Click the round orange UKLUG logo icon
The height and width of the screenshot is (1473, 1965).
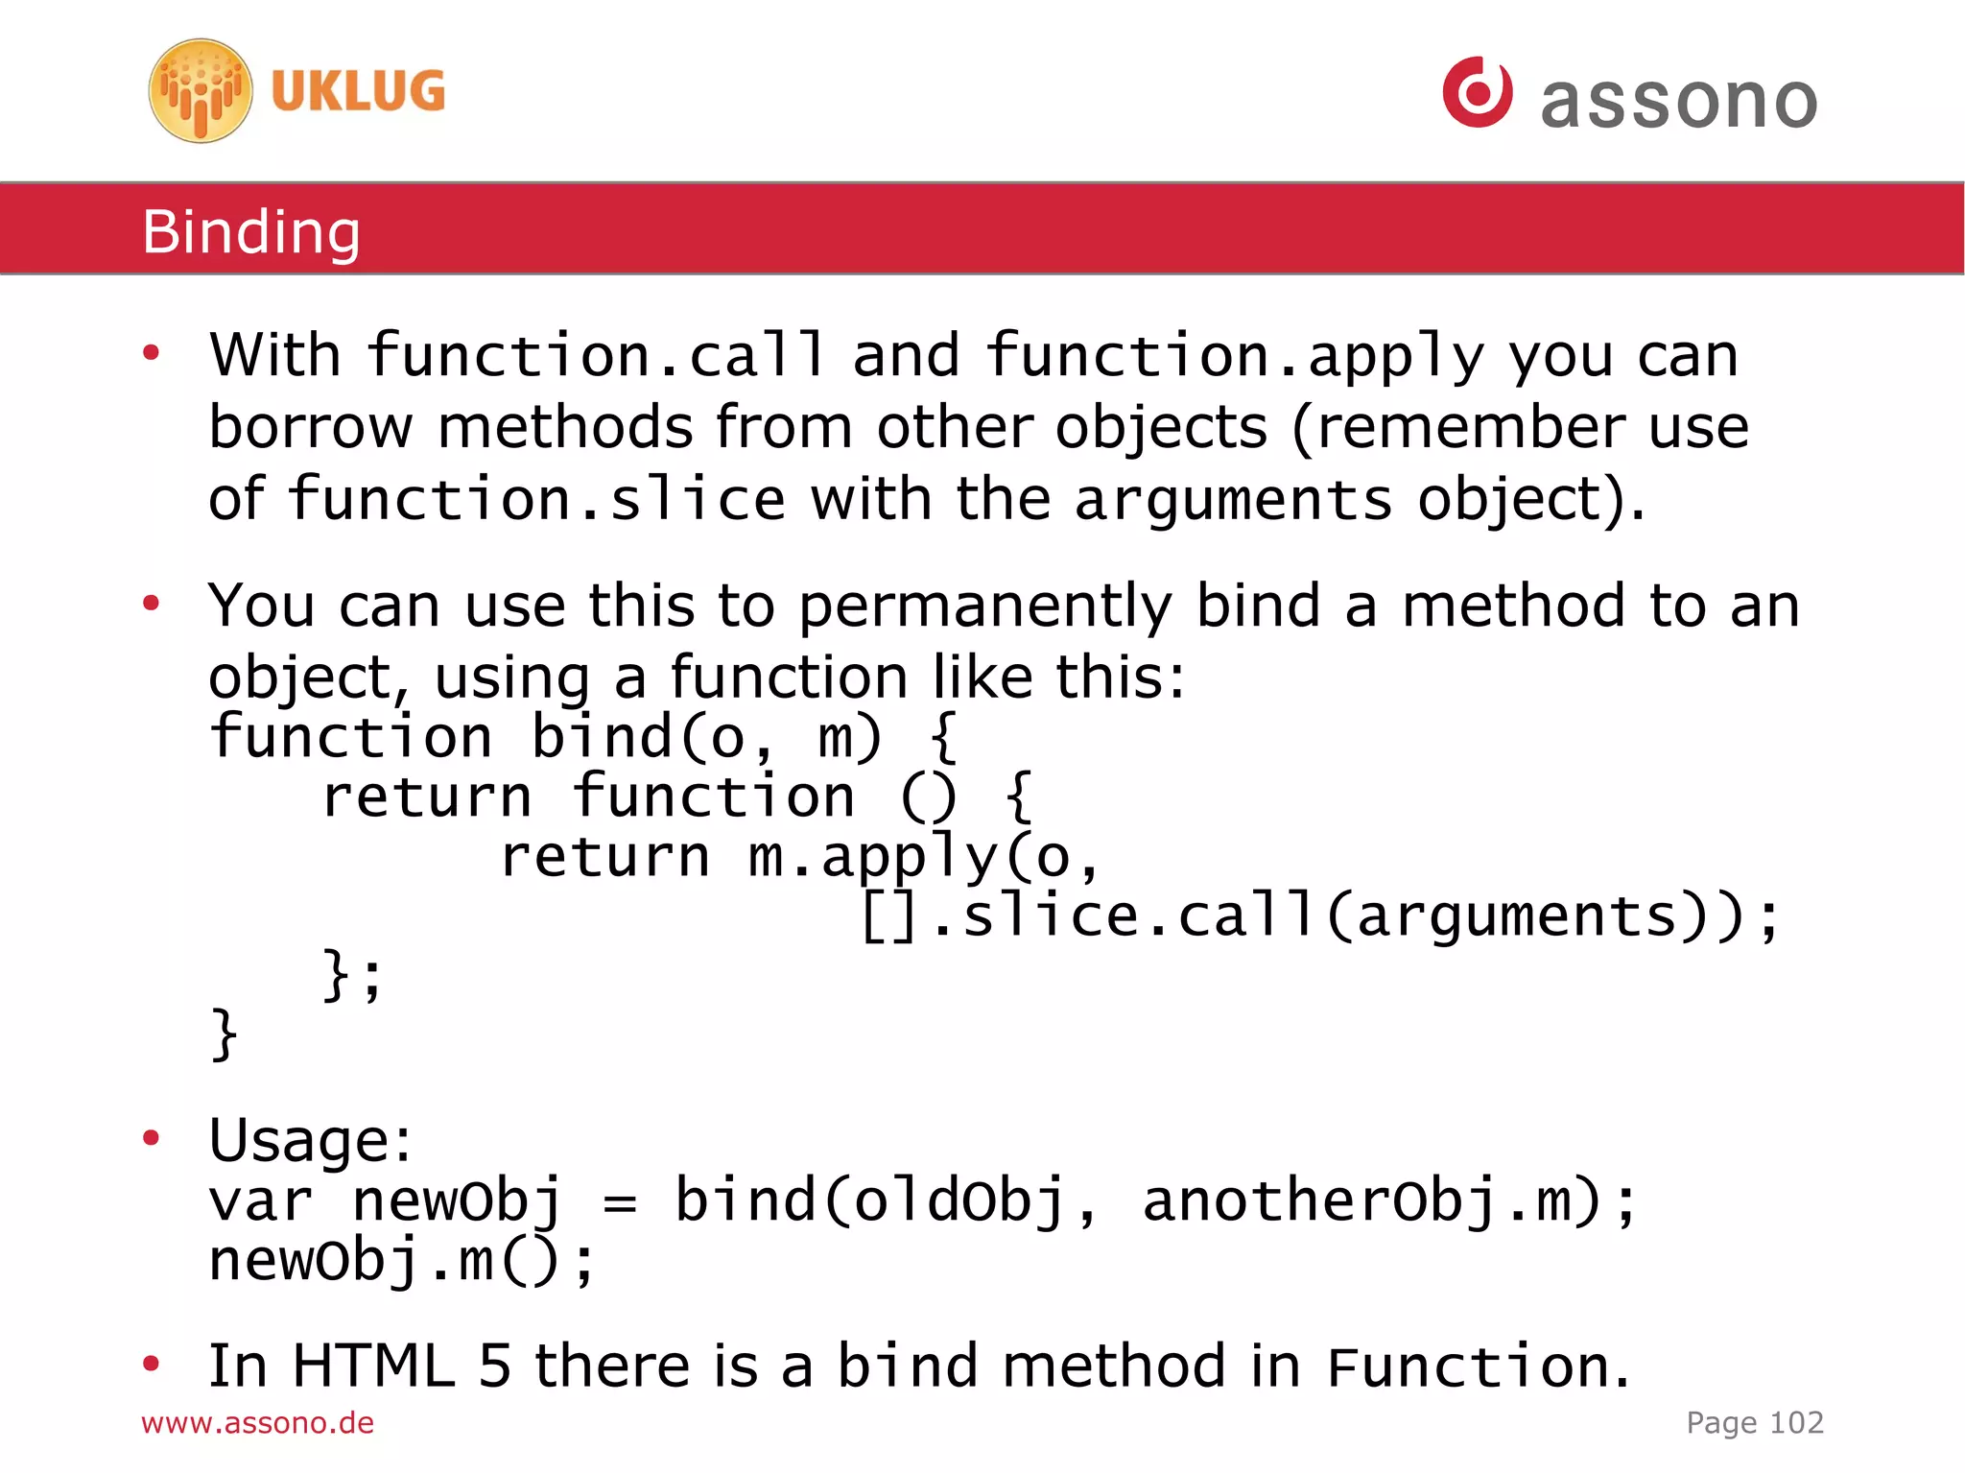click(x=201, y=91)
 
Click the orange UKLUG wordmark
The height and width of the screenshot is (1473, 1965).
click(x=358, y=91)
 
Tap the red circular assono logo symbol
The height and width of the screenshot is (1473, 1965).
click(x=1478, y=92)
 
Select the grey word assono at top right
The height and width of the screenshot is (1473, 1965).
click(x=1679, y=100)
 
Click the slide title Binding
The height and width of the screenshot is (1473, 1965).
click(x=251, y=231)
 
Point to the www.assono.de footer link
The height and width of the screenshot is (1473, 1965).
click(x=257, y=1422)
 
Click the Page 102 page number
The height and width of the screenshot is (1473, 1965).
click(x=1755, y=1422)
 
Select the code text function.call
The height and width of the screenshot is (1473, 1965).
click(x=596, y=354)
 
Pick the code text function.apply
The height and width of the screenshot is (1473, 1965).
click(x=1235, y=356)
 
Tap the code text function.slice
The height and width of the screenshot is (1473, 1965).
click(x=536, y=499)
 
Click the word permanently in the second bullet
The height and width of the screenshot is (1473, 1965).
click(x=985, y=606)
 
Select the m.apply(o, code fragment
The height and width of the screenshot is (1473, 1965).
click(x=924, y=856)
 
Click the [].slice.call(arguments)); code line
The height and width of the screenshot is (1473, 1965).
click(x=1319, y=915)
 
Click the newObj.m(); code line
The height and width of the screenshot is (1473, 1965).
click(x=402, y=1261)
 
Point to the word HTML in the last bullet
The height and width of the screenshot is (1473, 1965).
click(x=373, y=1366)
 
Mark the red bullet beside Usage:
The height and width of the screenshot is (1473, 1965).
click(x=151, y=1138)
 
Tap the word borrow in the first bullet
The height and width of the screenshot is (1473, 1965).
click(x=311, y=427)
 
